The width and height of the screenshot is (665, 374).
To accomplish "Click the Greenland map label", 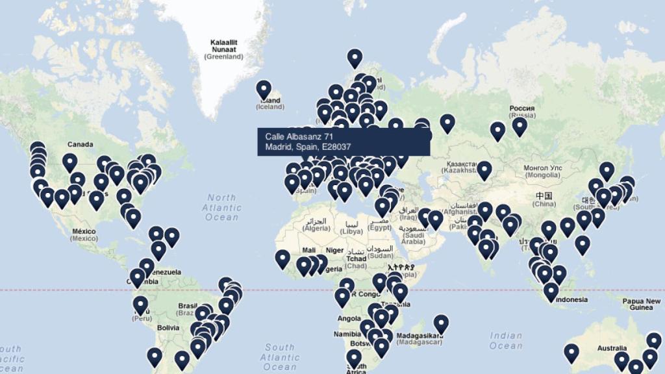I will click(x=223, y=49).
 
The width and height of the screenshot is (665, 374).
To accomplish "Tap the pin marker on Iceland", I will click(x=263, y=89).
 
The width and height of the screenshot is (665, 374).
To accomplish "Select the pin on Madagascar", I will click(x=441, y=323).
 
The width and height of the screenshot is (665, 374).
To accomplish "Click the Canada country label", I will click(x=80, y=144).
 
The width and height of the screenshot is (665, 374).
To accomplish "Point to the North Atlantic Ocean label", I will click(x=221, y=207).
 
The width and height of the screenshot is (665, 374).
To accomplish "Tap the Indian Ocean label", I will click(x=506, y=340).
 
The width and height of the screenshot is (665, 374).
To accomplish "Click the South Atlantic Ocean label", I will click(x=280, y=357).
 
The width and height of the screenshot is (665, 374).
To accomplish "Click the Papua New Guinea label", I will click(x=642, y=305).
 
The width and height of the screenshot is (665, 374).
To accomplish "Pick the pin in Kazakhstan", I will click(x=484, y=170).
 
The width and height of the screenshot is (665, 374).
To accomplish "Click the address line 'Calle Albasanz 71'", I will click(x=299, y=136).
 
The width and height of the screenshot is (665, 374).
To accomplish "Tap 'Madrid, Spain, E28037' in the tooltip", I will click(x=308, y=147).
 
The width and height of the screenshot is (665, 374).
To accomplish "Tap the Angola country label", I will click(x=349, y=318).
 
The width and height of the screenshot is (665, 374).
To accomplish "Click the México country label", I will click(x=84, y=235).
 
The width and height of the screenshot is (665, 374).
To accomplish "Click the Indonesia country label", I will click(x=571, y=299).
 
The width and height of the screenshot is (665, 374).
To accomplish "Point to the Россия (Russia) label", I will click(x=522, y=111).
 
